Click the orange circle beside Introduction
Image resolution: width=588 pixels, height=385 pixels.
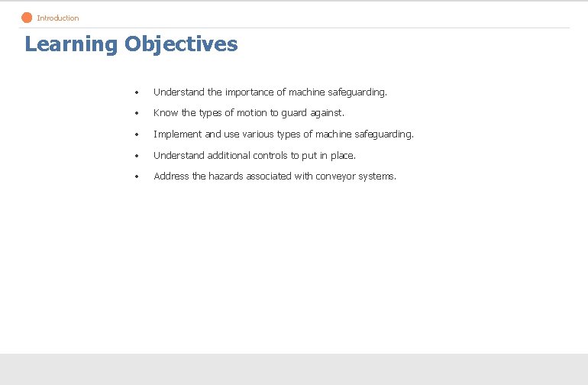click(x=27, y=18)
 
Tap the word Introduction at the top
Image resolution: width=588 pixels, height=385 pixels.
click(x=58, y=18)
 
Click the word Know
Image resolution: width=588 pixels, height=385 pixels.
click(x=166, y=113)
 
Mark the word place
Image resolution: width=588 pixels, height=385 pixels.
click(x=342, y=156)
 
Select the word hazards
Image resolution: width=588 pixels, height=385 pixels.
click(x=226, y=176)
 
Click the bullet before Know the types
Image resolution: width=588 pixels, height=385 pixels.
click(x=136, y=114)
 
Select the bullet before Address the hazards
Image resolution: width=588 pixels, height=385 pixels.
click(x=136, y=177)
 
